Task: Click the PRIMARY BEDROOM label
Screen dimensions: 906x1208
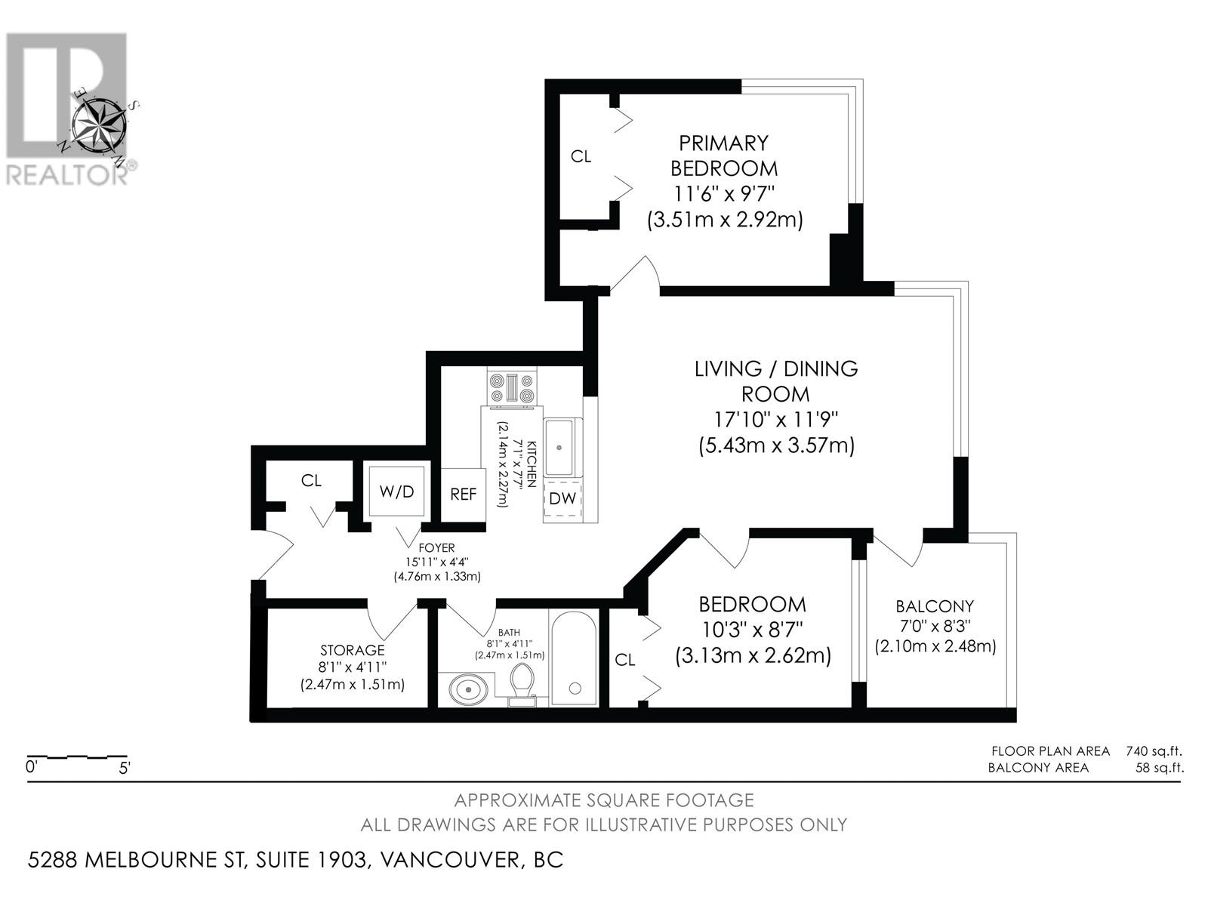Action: [723, 155]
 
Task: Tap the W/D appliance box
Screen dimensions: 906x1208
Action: [396, 492]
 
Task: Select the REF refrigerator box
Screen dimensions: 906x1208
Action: [463, 495]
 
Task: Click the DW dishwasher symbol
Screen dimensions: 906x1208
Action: [562, 498]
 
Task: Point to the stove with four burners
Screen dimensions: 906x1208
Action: [512, 389]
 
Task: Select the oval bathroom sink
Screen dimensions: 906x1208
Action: [469, 689]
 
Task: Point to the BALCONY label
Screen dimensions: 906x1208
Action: [935, 606]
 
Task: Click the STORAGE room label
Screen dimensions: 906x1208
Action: [352, 650]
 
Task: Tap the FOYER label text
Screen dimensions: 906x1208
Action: [436, 548]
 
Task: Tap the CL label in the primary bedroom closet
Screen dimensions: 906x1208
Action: [581, 156]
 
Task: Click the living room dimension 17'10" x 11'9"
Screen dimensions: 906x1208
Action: [776, 419]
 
